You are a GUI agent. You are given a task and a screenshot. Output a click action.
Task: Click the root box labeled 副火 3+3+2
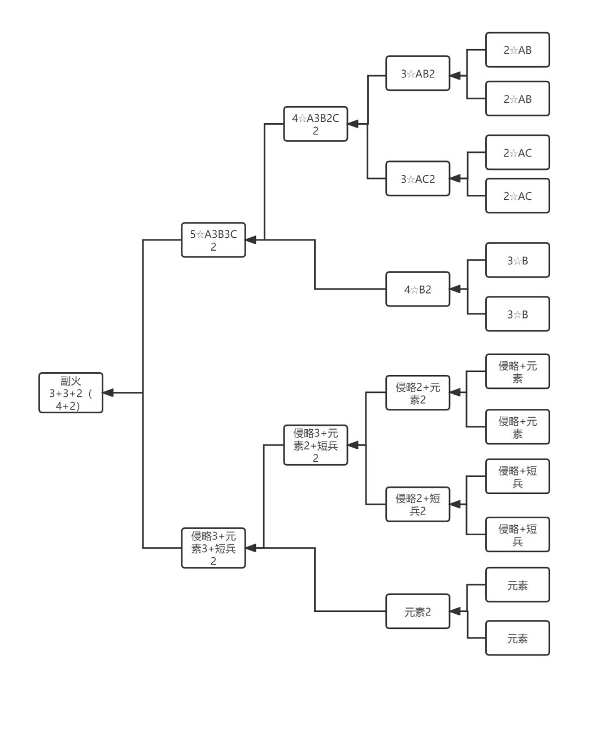[71, 393]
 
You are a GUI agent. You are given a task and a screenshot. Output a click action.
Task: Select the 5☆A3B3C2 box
[213, 240]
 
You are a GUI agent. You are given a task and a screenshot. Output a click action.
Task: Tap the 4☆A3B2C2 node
[315, 124]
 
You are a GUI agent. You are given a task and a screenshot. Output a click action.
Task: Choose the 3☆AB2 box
[417, 73]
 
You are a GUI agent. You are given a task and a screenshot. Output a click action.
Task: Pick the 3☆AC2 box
[417, 179]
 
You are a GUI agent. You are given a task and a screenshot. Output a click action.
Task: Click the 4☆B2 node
[417, 289]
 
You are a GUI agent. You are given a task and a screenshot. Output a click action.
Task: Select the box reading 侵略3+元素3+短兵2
[213, 548]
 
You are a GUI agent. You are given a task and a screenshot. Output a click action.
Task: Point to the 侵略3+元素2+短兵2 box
[315, 445]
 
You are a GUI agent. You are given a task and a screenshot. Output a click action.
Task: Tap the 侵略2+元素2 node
[417, 393]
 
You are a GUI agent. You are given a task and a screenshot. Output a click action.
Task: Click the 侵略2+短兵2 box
[417, 504]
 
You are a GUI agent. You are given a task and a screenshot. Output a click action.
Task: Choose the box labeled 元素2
[417, 611]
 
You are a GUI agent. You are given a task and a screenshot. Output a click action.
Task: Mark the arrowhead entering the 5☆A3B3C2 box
[251, 240]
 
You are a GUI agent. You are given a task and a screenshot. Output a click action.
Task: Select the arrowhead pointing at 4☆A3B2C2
[353, 124]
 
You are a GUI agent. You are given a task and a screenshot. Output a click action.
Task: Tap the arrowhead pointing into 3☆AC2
[455, 178]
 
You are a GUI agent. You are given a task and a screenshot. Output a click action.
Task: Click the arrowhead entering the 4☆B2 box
[455, 289]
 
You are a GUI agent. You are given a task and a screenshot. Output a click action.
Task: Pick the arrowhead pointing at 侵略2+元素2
[455, 393]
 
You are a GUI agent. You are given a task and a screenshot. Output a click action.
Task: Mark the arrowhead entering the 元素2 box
[455, 611]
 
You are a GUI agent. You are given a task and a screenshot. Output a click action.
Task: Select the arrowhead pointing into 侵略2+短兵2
[455, 504]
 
